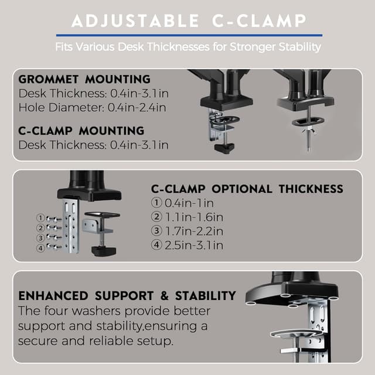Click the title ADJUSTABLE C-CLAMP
pos(187,22)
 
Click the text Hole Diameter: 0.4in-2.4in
pos(92,107)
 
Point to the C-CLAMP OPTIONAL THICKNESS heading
pos(247,189)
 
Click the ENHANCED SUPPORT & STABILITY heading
pos(127,295)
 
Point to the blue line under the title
pos(187,35)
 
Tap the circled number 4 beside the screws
pos(40,247)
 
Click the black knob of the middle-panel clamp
pos(101,250)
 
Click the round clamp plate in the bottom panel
pos(297,335)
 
